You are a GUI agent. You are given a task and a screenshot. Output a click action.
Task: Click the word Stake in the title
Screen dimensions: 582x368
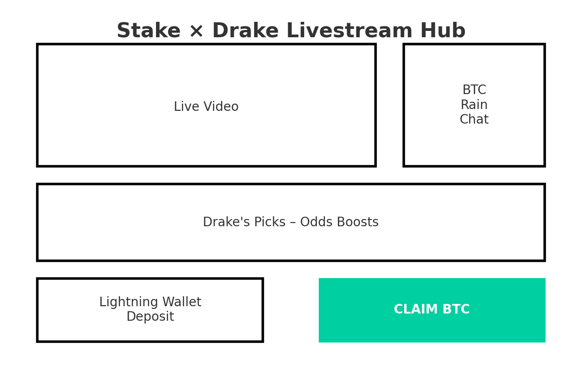(149, 30)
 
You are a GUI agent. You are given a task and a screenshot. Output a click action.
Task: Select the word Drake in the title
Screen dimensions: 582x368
(246, 30)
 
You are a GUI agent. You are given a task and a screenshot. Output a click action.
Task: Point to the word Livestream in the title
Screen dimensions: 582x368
(350, 30)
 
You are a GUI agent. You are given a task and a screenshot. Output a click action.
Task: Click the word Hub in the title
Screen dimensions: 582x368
(443, 30)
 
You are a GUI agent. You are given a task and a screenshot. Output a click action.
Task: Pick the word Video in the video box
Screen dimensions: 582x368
(221, 106)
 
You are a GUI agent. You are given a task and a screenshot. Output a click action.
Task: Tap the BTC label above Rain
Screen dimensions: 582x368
(474, 90)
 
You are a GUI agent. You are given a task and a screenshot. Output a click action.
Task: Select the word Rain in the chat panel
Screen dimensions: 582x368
(474, 104)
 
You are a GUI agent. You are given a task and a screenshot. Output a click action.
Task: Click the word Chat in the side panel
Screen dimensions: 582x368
(474, 119)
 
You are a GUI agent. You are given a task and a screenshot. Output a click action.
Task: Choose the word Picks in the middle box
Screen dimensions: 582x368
(270, 222)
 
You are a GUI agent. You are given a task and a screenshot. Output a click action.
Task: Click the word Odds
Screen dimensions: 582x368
(316, 222)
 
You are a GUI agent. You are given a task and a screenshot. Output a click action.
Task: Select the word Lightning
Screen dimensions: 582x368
(129, 302)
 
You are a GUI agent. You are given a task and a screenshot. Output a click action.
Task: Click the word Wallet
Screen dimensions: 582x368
(182, 302)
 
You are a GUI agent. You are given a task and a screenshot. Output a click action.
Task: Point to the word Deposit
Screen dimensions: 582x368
(151, 316)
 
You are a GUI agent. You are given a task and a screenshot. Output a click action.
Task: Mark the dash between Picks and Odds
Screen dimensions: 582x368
(293, 223)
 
